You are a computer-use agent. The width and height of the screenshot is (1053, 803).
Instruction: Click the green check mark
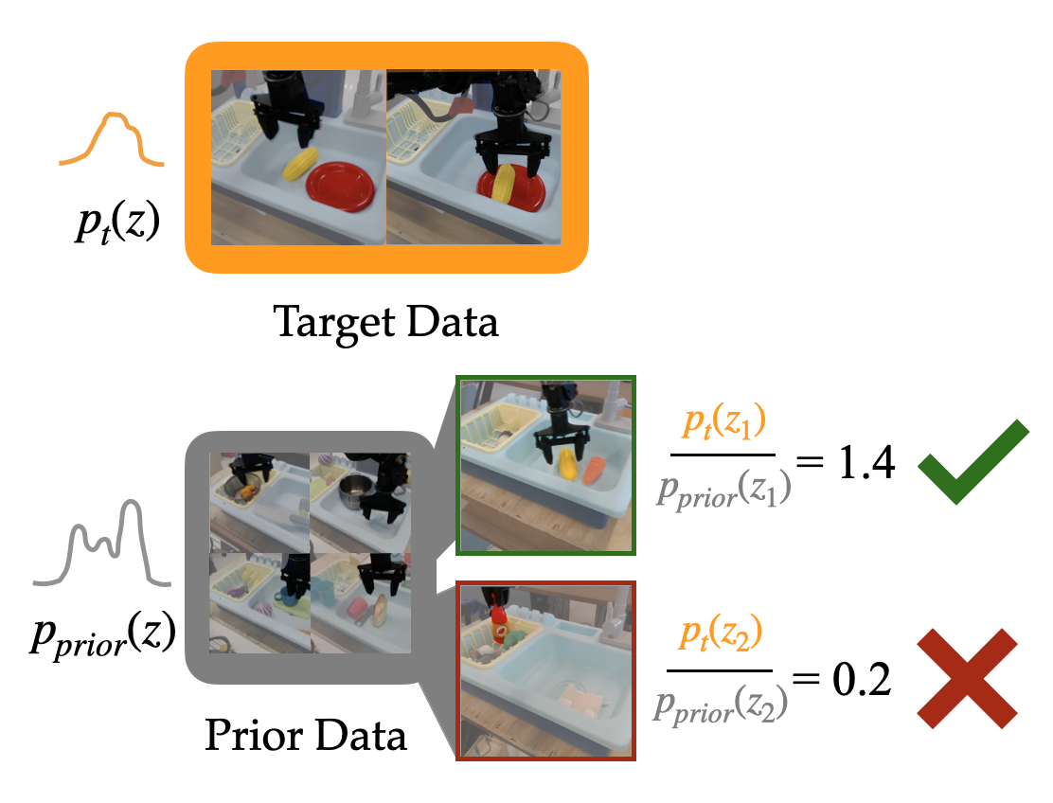click(x=972, y=463)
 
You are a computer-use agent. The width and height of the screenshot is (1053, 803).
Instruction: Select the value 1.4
click(x=863, y=465)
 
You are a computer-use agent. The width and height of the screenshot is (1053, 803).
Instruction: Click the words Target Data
click(x=385, y=323)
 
